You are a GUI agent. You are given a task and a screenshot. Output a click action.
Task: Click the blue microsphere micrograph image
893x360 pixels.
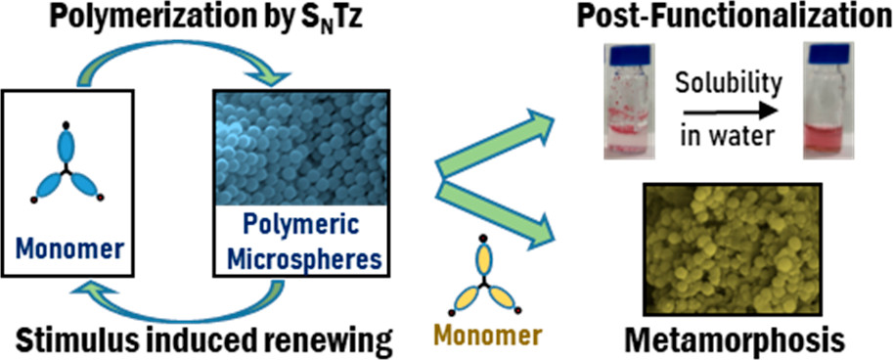(300, 147)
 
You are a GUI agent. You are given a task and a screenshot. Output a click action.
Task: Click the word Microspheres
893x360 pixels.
(302, 259)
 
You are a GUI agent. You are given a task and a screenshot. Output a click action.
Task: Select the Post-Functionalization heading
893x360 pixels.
(732, 20)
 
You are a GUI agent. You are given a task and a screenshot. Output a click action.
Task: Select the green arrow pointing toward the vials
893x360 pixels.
(496, 143)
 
